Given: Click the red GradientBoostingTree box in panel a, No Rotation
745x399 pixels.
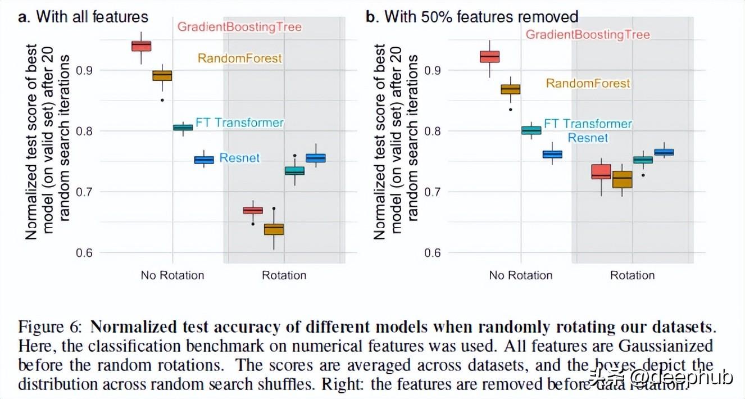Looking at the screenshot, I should (x=141, y=46).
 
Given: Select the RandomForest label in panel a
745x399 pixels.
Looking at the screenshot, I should (x=240, y=58).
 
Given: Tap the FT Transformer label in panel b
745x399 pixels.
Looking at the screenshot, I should (x=588, y=124).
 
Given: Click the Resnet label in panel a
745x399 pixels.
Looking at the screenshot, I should (x=240, y=158).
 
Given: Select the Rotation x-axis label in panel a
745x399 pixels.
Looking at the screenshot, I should (x=284, y=275).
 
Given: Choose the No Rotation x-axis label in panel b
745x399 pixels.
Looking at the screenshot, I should (x=521, y=275).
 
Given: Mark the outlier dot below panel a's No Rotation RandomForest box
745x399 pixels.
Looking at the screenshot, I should (x=162, y=100).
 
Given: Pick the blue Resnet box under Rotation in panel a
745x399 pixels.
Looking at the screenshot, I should (x=316, y=158).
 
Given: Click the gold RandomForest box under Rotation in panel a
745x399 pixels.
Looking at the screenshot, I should (x=274, y=229).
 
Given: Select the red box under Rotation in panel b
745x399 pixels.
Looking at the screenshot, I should (x=601, y=171).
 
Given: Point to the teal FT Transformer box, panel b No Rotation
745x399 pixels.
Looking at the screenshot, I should (x=531, y=130).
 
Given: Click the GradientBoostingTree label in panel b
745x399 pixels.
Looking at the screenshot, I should (x=588, y=35).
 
